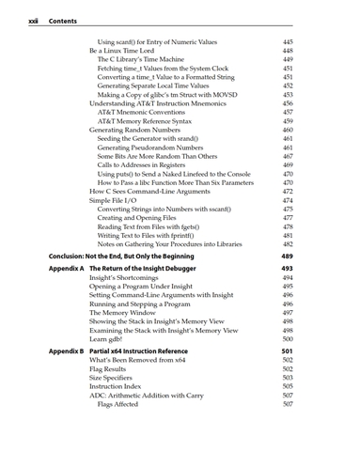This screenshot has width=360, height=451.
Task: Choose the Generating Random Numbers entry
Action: [x=135, y=130]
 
